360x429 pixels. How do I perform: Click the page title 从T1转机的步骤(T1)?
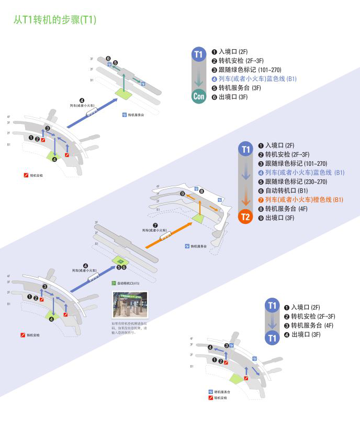click(x=55, y=20)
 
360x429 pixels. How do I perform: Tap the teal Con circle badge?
click(x=198, y=96)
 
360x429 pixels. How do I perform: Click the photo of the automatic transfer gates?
click(x=130, y=305)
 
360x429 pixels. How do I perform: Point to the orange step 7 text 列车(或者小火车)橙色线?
click(x=301, y=200)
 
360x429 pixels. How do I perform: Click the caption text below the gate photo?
click(x=129, y=328)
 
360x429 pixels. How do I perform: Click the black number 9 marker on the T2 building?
click(x=182, y=194)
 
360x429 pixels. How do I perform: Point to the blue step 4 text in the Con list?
click(x=257, y=79)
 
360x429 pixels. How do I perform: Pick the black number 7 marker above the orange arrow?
click(x=155, y=225)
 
